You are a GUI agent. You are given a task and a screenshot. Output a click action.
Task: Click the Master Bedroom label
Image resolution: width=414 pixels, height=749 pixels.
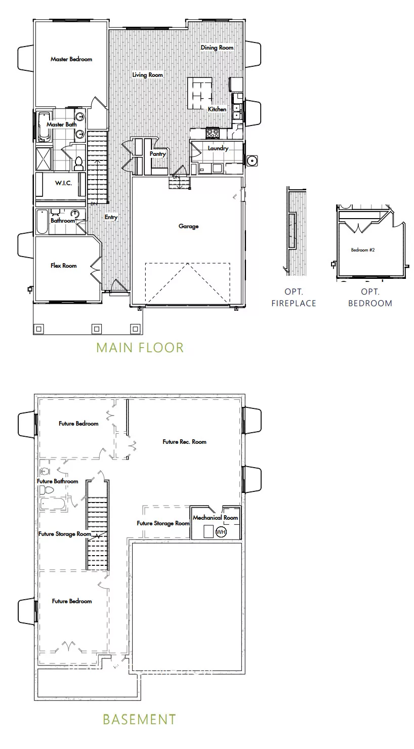(71, 59)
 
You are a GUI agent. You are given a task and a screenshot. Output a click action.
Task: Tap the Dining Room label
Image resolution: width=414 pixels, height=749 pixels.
(217, 48)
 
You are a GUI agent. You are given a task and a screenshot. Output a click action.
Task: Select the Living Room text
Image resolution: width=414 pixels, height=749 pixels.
(148, 75)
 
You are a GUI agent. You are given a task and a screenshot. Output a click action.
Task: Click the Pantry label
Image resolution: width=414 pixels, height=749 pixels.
(157, 154)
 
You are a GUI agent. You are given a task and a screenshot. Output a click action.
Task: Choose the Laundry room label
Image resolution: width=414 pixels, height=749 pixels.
(218, 148)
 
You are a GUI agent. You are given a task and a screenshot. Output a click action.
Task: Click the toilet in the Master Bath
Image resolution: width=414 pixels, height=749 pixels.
(78, 163)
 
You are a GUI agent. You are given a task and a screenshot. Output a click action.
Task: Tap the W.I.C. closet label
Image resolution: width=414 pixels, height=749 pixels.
(63, 183)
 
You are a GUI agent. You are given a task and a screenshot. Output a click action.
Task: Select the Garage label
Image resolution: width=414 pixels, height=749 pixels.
(188, 226)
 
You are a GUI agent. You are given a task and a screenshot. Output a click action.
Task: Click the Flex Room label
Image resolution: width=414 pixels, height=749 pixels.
(63, 266)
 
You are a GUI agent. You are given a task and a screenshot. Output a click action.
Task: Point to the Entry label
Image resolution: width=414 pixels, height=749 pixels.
(111, 217)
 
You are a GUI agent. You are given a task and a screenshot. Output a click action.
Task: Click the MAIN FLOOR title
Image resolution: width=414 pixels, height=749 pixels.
(140, 348)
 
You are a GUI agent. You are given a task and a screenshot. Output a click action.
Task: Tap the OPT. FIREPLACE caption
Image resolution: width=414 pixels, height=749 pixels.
(294, 298)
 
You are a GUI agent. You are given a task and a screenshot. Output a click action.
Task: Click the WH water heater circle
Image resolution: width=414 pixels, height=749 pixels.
(221, 532)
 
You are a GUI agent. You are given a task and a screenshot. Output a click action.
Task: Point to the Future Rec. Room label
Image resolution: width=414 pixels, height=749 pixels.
(184, 442)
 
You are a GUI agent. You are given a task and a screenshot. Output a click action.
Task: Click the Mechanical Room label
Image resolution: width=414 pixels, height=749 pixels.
(215, 518)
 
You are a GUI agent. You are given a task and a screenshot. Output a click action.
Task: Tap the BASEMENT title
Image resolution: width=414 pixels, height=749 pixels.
(139, 719)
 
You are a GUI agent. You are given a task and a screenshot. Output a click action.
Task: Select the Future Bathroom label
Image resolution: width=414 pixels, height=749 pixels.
(58, 481)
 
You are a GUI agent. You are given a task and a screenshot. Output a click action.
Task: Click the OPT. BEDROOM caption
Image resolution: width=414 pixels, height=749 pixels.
(370, 298)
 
